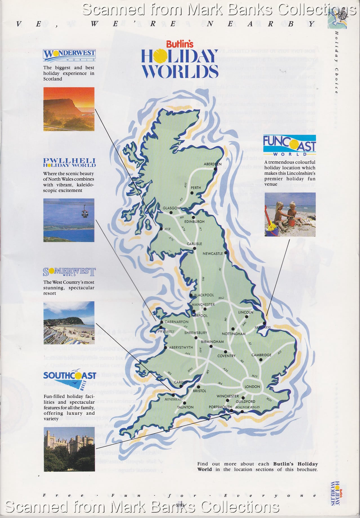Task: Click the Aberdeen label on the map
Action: [213, 164]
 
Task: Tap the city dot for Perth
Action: [192, 193]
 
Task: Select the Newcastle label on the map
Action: [213, 254]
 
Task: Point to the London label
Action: [252, 386]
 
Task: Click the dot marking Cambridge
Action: [261, 360]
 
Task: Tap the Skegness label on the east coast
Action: [262, 327]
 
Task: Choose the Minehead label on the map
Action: [173, 399]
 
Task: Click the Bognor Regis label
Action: [247, 407]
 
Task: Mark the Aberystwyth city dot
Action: [166, 348]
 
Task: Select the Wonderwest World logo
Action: [69, 55]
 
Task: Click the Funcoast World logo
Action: [289, 145]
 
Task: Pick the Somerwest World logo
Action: [69, 272]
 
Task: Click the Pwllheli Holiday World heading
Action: [69, 163]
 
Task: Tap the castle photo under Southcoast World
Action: [69, 449]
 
